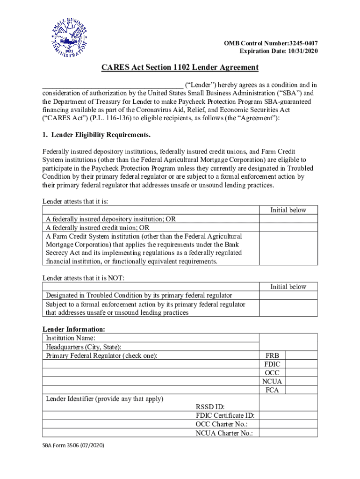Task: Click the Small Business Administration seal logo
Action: click(x=69, y=39)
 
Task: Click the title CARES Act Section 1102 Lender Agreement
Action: click(x=180, y=67)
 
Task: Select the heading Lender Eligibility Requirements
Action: click(x=96, y=135)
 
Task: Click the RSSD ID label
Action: click(x=211, y=407)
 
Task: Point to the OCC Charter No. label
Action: click(x=221, y=424)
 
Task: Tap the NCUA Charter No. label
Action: click(x=224, y=433)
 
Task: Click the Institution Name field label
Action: click(x=71, y=338)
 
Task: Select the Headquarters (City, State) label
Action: click(x=83, y=347)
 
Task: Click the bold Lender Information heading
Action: click(x=74, y=329)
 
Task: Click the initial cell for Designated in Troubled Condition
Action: click(x=288, y=296)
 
